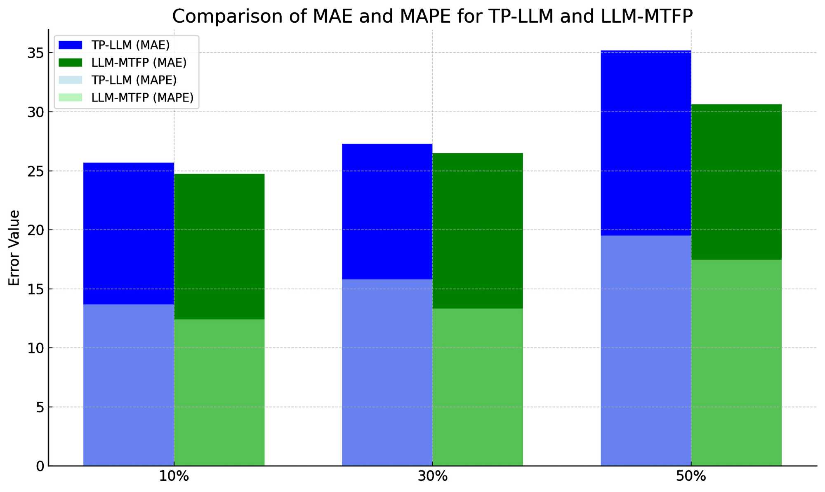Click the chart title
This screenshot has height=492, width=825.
click(432, 17)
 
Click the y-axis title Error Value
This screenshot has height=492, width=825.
click(14, 248)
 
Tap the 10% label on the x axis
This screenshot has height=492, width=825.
click(174, 477)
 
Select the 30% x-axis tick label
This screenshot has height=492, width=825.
click(432, 477)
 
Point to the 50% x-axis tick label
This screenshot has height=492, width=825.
click(691, 477)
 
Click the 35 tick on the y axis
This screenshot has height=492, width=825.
click(35, 53)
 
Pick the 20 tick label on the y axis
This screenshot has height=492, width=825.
click(35, 230)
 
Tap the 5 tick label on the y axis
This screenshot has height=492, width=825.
click(40, 408)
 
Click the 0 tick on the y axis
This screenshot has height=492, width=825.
click(40, 466)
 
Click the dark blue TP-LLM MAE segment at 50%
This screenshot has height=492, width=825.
click(646, 143)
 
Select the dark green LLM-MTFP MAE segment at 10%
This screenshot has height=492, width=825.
click(219, 246)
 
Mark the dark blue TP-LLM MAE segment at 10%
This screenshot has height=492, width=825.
click(128, 233)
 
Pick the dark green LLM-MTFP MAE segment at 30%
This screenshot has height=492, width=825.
click(478, 231)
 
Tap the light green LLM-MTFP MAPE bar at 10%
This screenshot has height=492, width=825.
click(219, 392)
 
